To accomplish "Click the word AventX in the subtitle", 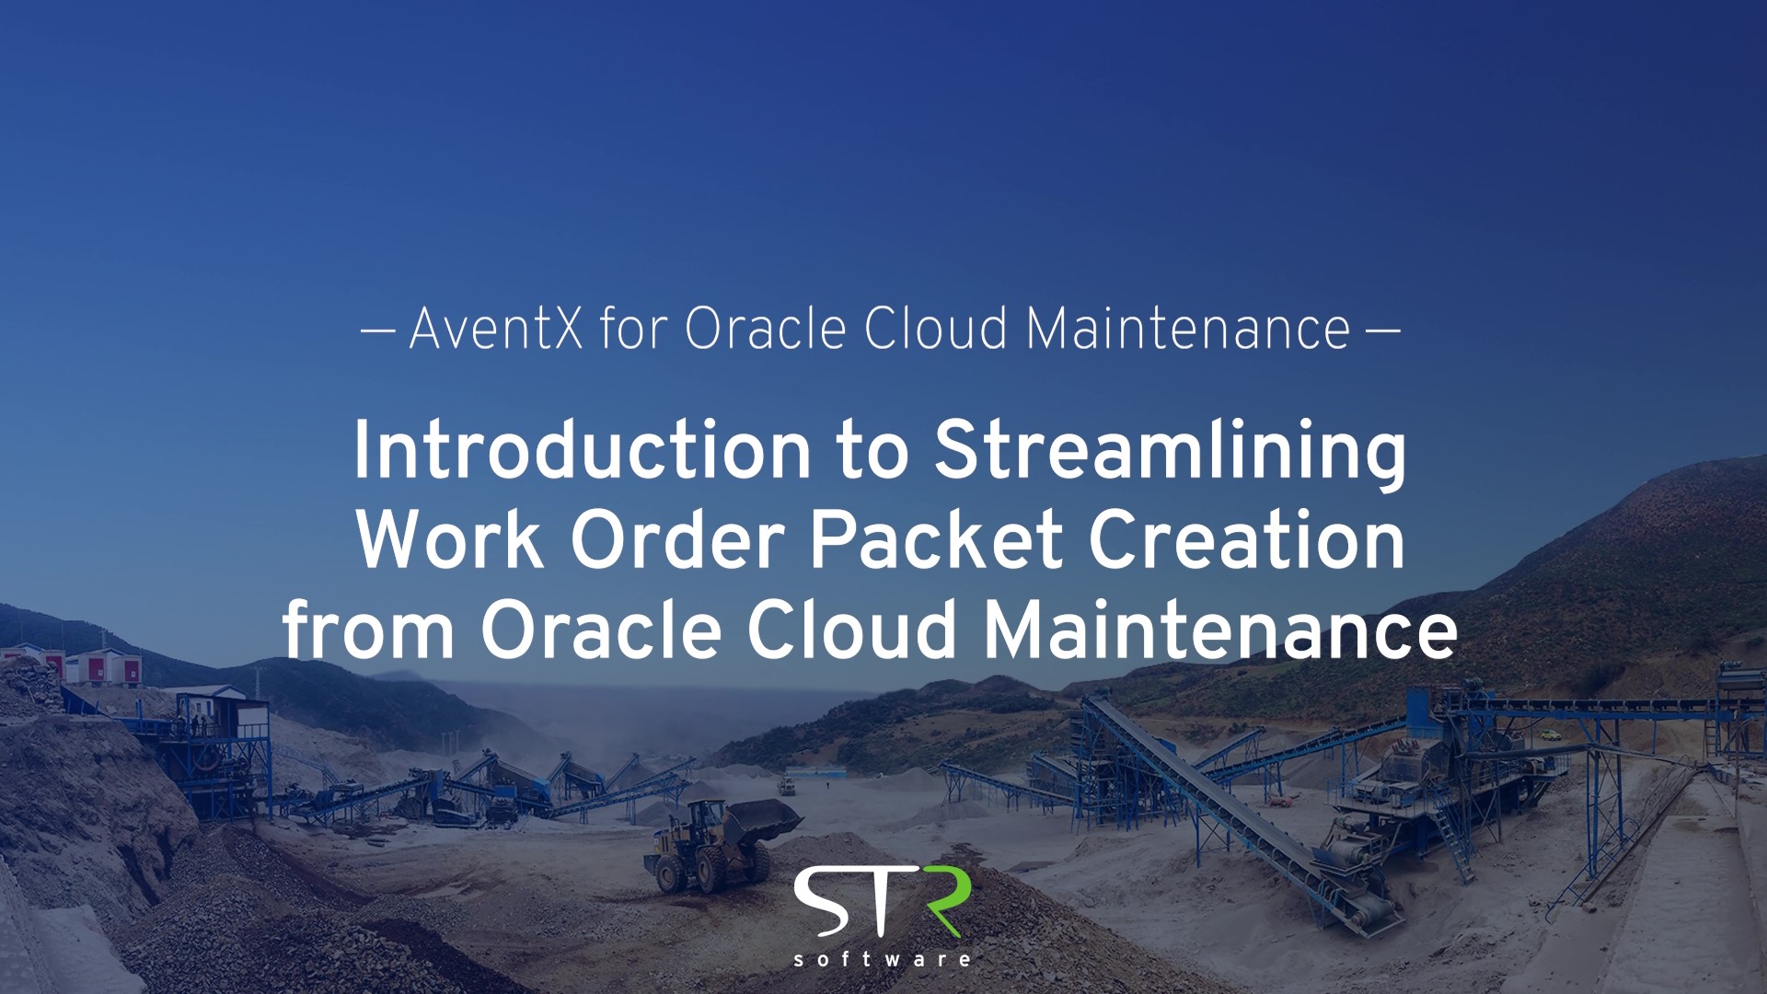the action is (496, 329).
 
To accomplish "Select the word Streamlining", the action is (1171, 453).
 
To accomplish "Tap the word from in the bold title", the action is (368, 630).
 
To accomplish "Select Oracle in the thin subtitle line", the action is (765, 329).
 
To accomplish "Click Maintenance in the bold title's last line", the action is (1220, 630).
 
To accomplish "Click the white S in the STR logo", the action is (821, 901).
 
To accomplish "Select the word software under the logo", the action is (883, 960).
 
